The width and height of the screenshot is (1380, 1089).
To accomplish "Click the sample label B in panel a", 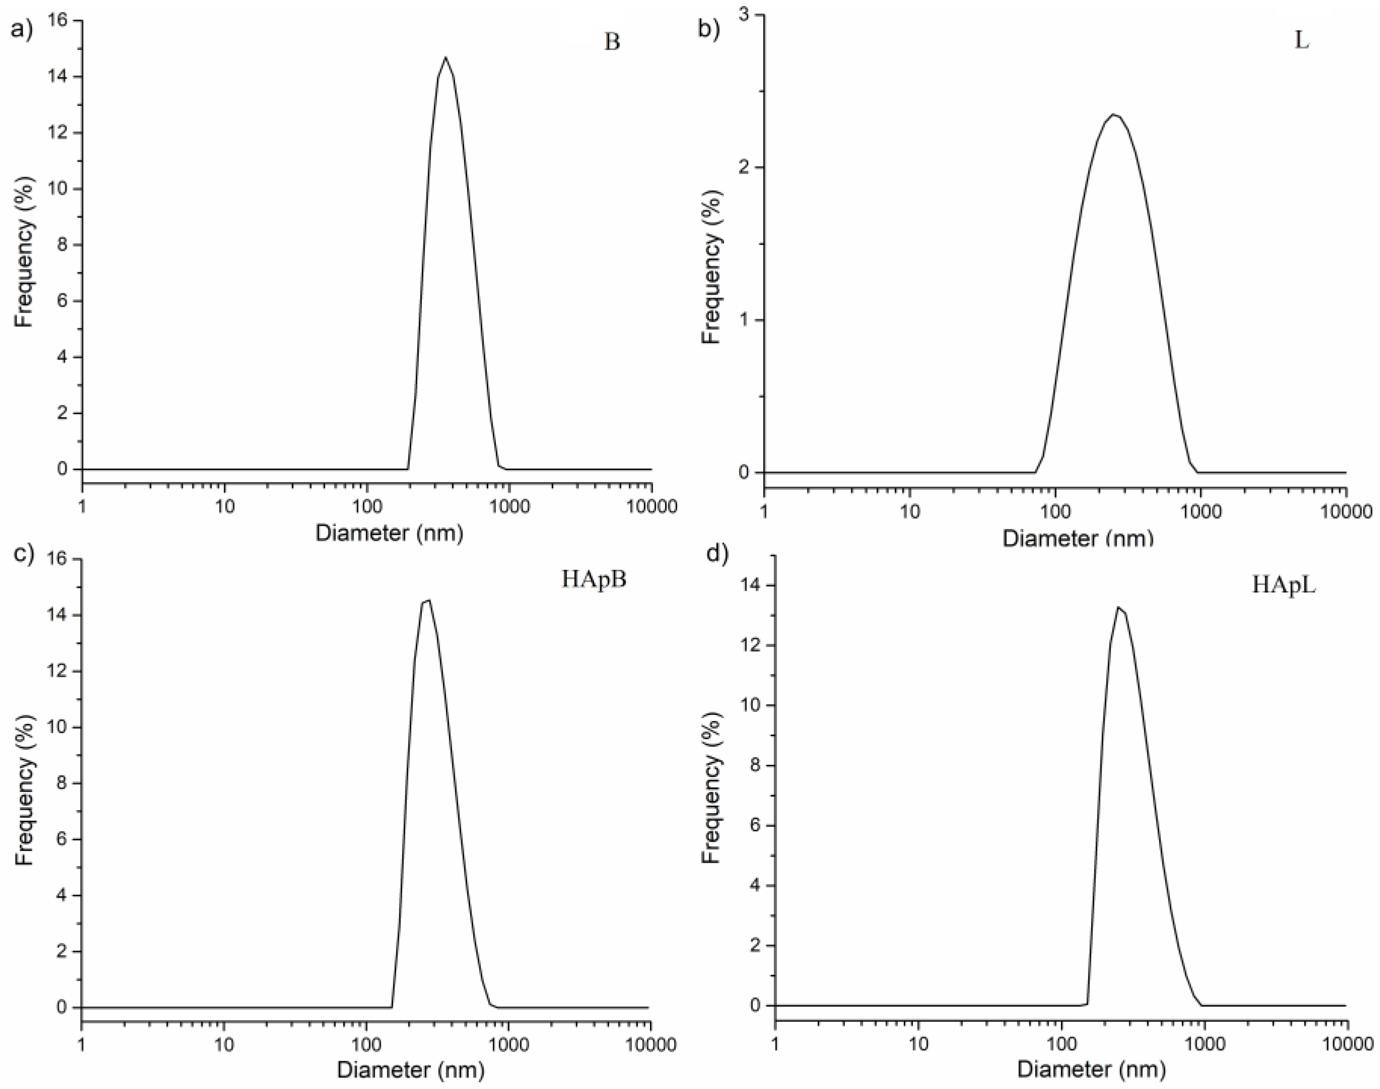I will [x=612, y=43].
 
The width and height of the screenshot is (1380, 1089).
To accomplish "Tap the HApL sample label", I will [x=1284, y=585].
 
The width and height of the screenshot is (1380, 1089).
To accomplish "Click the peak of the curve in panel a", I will [x=446, y=58].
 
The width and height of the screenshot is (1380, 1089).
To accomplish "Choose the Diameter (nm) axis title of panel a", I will [x=389, y=532].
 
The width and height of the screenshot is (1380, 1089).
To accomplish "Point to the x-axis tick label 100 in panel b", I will [x=1056, y=512].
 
